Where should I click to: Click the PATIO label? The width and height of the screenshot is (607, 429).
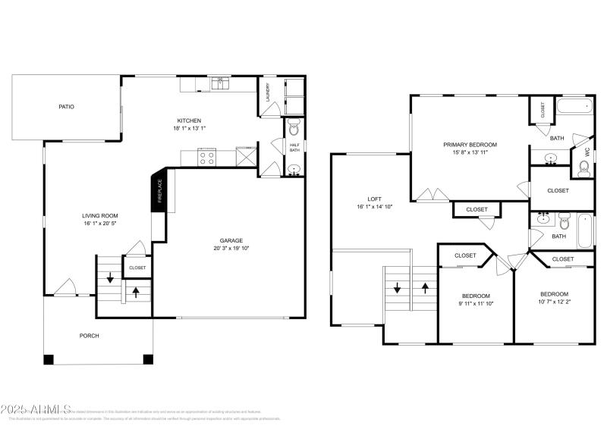(x=67, y=107)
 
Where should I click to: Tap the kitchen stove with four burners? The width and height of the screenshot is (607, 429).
(x=206, y=158)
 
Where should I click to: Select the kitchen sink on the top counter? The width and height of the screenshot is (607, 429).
(x=221, y=82)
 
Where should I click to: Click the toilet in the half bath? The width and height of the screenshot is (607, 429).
(x=294, y=128)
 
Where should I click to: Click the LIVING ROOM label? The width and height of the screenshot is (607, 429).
(x=100, y=216)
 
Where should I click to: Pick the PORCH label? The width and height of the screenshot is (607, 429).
(x=90, y=336)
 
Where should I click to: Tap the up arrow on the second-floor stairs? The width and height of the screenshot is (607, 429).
(x=425, y=288)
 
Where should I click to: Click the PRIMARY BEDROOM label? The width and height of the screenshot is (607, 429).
(x=470, y=145)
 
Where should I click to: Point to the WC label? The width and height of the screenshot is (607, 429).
(x=587, y=151)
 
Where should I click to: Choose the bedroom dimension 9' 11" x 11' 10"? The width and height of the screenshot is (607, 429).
(x=476, y=303)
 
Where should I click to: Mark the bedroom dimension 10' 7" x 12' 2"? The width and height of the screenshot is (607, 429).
(x=554, y=302)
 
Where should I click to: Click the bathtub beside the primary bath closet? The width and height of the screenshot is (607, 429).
(x=574, y=107)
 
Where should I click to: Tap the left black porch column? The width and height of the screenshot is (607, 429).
(x=49, y=359)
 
